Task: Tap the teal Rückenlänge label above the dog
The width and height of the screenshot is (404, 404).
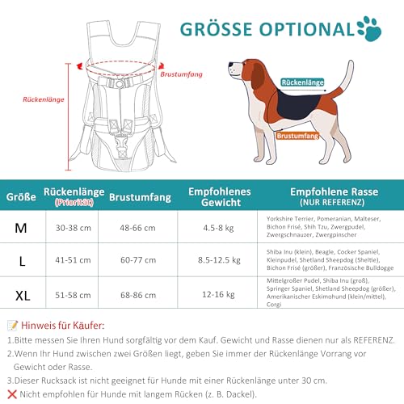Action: pyautogui.click(x=304, y=82)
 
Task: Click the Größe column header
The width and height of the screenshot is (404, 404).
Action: pyautogui.click(x=21, y=196)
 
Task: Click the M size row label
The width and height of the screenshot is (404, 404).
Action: pyautogui.click(x=21, y=228)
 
